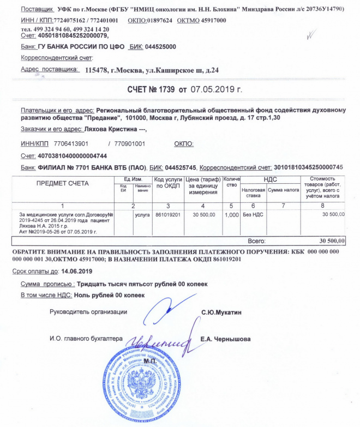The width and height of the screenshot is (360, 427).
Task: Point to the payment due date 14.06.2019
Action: [77, 271]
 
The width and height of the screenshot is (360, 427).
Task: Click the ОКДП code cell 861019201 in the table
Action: [167, 215]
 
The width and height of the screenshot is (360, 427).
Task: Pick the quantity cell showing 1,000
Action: [232, 215]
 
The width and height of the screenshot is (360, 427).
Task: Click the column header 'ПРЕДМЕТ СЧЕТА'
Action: [62, 183]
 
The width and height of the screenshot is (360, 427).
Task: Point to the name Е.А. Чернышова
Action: [226, 339]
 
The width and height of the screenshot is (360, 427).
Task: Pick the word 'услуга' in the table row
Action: [142, 215]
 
